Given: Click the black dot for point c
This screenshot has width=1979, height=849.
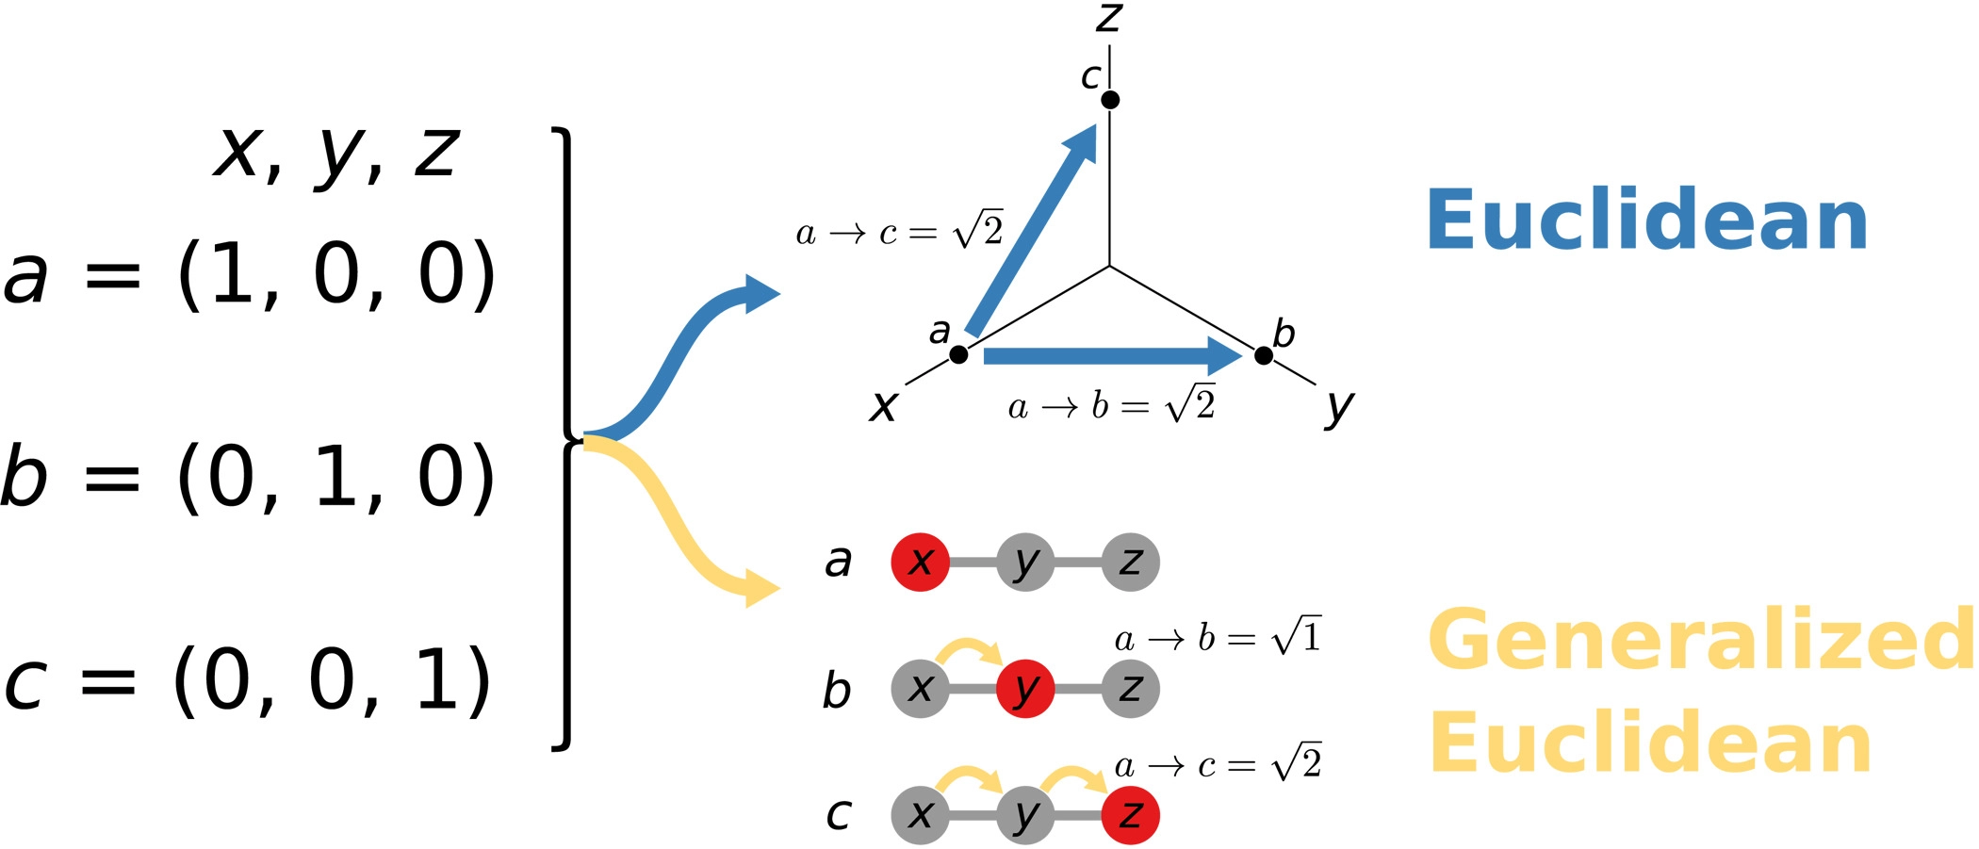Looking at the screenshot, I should pyautogui.click(x=1110, y=100).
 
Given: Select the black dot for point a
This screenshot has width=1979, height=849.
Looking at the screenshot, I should pyautogui.click(x=958, y=355).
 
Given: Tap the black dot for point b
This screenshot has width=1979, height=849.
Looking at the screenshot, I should pyautogui.click(x=1264, y=355).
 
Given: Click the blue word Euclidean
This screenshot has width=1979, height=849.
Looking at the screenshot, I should pyautogui.click(x=1646, y=220).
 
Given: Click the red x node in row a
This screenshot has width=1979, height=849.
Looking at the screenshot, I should pyautogui.click(x=920, y=563).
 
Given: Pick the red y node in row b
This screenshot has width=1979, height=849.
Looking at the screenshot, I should pyautogui.click(x=1025, y=689).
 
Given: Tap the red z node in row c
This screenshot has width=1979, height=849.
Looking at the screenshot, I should pyautogui.click(x=1130, y=815).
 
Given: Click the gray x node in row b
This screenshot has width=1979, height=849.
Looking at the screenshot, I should pyautogui.click(x=920, y=689).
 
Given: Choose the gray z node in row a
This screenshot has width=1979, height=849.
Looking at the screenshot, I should pyautogui.click(x=1130, y=563).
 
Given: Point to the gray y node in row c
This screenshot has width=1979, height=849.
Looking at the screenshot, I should pyautogui.click(x=1025, y=815).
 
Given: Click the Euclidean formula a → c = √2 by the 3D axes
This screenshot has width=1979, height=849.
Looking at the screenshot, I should pyautogui.click(x=899, y=230).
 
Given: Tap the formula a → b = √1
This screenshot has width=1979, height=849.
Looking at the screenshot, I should pyautogui.click(x=1218, y=638).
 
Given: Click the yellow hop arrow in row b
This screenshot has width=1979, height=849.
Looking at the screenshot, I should pyautogui.click(x=971, y=650).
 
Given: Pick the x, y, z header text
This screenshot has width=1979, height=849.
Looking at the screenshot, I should pyautogui.click(x=336, y=153).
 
